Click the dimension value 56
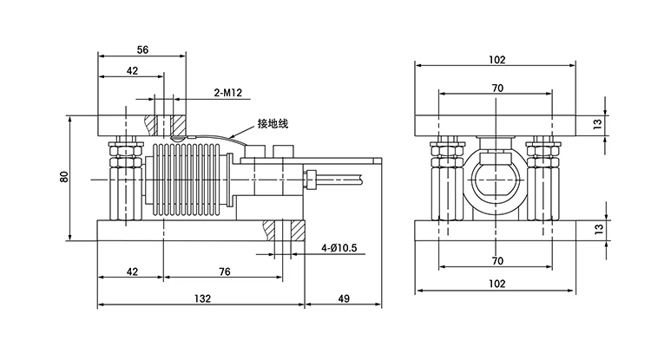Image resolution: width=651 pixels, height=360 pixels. tap(142, 49)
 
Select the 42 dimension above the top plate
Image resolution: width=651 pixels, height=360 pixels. tap(132, 71)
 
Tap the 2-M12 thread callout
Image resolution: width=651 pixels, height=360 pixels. tap(228, 93)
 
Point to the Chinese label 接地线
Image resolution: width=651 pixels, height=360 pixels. tap(273, 123)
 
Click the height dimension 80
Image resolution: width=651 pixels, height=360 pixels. tap(64, 177)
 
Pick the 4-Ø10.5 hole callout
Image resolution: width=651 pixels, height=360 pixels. tap(339, 248)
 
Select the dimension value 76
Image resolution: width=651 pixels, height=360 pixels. tap(225, 272)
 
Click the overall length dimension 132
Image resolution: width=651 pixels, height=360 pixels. tap(202, 298)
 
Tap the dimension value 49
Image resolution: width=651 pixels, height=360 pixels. tap(345, 298)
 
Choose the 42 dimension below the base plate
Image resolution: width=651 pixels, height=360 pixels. tap(132, 272)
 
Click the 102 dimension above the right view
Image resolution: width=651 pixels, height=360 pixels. tap(497, 60)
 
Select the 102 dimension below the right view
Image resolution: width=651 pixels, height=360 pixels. tap(497, 284)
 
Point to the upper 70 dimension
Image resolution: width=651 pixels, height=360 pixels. tap(497, 88)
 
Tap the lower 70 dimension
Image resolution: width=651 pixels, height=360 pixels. tap(497, 261)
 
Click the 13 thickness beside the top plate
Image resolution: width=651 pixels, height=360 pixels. tap(597, 124)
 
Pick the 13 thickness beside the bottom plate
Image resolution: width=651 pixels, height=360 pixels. tap(598, 229)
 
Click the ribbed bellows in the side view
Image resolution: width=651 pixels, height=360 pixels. tap(185, 180)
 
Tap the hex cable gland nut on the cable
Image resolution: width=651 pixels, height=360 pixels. tap(310, 180)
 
